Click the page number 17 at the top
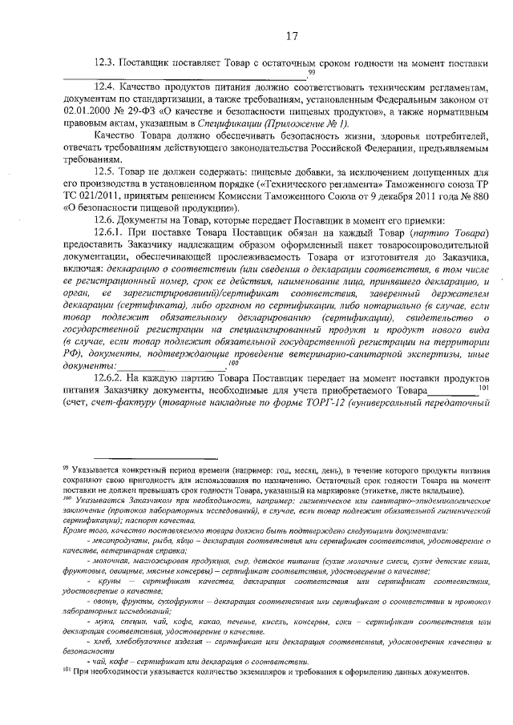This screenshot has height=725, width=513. tap(291, 35)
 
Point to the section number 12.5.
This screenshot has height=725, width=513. tap(106, 171)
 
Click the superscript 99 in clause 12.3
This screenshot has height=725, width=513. tap(300, 72)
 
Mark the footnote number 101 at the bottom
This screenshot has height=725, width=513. tap(67, 671)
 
